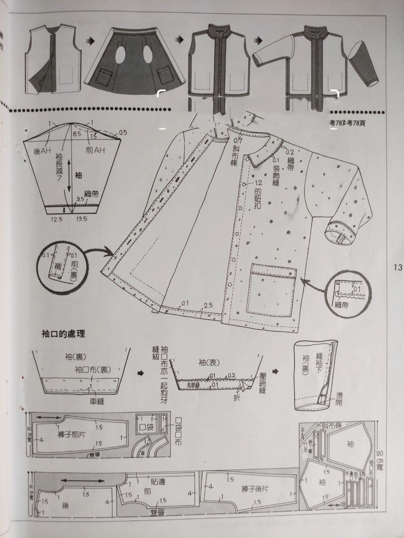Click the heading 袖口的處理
tap(63, 334)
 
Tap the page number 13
tap(398, 267)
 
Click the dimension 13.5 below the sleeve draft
tap(81, 219)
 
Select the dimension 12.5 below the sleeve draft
tap(57, 219)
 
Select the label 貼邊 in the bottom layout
tap(158, 482)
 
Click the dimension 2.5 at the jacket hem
tap(208, 305)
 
